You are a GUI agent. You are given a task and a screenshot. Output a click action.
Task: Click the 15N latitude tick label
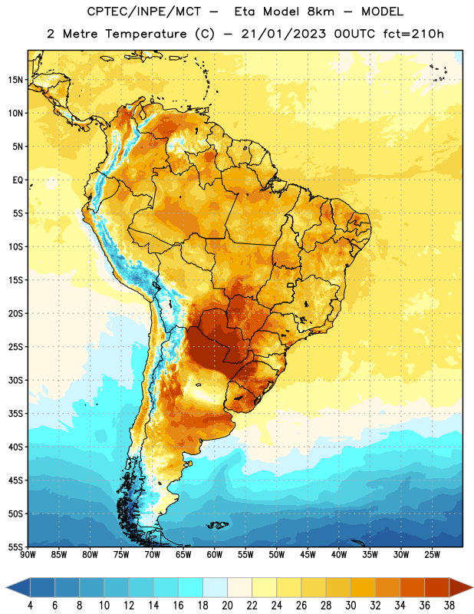coord(15,80)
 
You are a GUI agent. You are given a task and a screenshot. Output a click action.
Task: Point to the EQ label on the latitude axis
coord(18,180)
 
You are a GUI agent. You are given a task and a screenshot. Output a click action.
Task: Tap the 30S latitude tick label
coord(15,380)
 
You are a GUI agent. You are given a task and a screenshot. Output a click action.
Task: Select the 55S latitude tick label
coord(15,547)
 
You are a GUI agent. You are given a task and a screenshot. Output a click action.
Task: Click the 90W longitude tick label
coord(28,555)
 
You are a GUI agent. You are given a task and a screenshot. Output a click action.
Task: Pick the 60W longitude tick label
coord(215,555)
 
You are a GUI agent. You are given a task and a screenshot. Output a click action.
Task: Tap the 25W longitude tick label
coord(432,555)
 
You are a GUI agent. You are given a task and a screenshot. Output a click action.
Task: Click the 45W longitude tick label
coord(308,555)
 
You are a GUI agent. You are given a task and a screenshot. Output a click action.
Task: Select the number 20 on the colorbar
coord(227,606)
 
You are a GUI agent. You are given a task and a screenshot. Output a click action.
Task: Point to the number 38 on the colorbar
coord(449,606)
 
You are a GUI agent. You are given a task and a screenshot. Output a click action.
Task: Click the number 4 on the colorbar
coord(30,606)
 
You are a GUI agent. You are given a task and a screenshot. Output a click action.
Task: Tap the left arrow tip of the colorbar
coord(6,587)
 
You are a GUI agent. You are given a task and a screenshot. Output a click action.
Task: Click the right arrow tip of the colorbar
coord(472,587)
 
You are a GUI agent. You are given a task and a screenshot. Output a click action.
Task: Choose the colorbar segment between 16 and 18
coord(191,587)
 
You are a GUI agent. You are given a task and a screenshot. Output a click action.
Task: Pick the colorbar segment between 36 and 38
coord(437,587)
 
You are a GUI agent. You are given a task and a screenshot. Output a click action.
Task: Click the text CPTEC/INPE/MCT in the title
coord(143,12)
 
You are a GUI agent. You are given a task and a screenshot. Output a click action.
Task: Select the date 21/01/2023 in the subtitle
coord(283,34)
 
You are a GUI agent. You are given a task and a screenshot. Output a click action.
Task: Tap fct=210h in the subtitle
coord(413,34)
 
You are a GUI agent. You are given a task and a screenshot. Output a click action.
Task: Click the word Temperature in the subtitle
coord(146,34)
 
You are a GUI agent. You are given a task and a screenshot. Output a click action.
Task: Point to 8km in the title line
coord(321,12)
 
